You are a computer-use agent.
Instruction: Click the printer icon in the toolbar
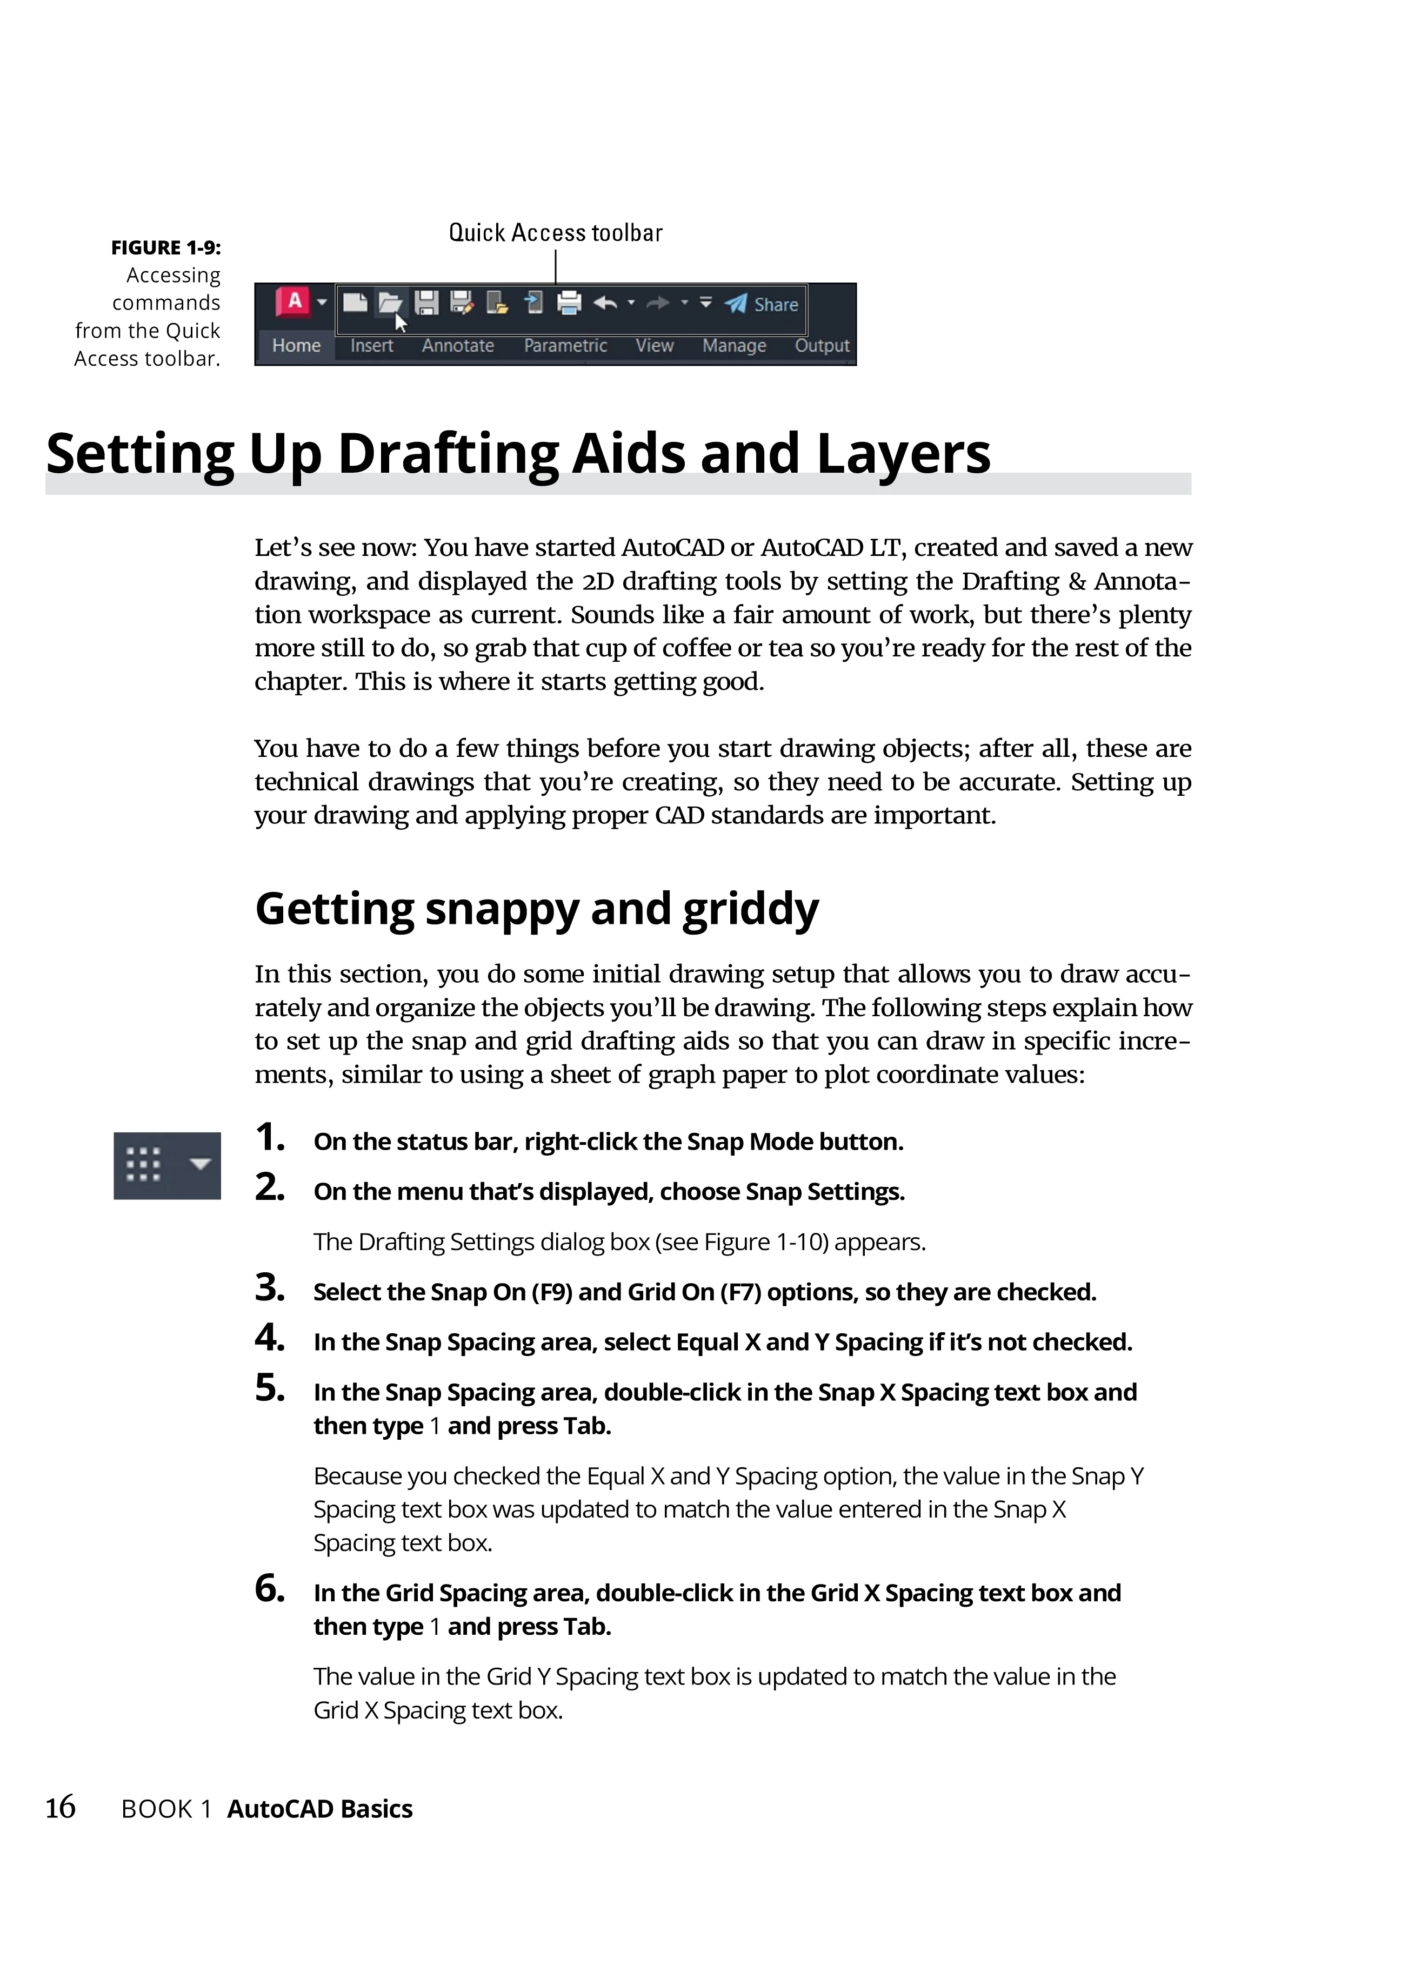(569, 303)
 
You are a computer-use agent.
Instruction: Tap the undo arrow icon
(605, 303)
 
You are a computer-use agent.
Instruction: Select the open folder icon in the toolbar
(390, 303)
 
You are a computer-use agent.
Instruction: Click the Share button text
(776, 304)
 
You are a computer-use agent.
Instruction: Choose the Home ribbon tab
(296, 346)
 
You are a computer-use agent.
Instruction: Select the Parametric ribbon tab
(565, 346)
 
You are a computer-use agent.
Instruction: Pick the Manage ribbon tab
(734, 346)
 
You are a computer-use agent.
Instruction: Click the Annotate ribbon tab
(457, 346)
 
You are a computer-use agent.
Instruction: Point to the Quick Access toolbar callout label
(556, 233)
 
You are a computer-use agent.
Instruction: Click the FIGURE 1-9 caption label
(165, 249)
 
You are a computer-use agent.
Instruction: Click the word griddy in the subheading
(750, 909)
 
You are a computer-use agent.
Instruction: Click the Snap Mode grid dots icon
(143, 1164)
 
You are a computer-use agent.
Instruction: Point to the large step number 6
(269, 1588)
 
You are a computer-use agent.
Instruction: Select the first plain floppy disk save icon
(426, 303)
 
